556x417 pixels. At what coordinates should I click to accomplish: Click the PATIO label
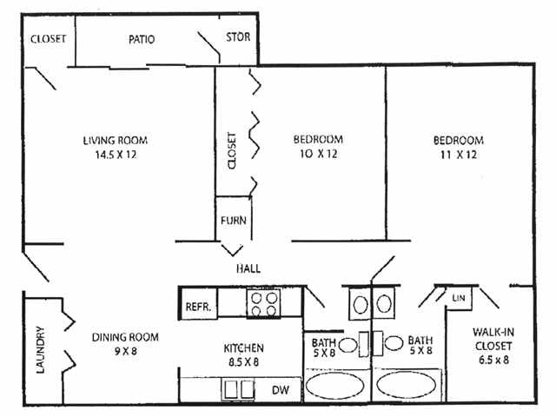point(142,39)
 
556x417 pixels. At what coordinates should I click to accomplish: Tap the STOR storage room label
point(238,36)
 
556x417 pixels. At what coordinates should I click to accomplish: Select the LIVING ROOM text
point(116,141)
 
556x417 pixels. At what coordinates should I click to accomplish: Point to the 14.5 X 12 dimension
point(116,155)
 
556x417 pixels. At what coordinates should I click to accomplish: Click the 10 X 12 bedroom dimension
point(318,154)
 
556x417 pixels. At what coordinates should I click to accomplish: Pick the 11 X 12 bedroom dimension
point(459,155)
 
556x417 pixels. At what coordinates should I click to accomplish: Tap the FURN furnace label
point(234,221)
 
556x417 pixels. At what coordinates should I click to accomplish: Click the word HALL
point(248,268)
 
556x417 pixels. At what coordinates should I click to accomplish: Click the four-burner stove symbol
point(263,303)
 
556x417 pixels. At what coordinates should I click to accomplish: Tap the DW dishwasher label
point(280,390)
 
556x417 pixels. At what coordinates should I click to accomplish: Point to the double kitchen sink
point(237,389)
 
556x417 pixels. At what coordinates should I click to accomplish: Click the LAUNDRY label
point(41,349)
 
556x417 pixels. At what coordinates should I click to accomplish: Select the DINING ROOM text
point(125,337)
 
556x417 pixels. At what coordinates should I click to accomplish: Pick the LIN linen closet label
point(459,298)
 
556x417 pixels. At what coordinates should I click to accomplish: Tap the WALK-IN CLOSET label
point(493,339)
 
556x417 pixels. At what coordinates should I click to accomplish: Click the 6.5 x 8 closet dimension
point(493,360)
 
